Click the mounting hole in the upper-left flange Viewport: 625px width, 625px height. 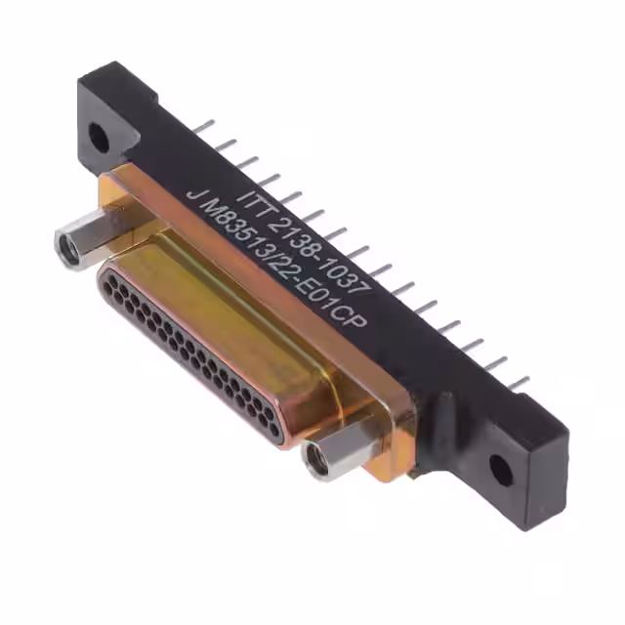pos(99,135)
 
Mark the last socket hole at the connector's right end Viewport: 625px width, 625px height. pos(276,434)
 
